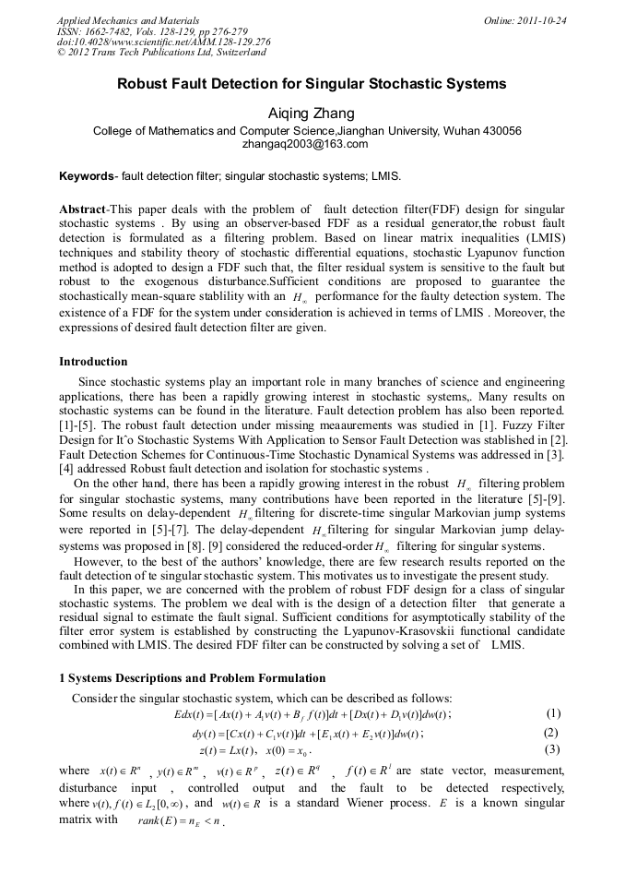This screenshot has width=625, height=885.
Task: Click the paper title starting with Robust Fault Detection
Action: coord(312,84)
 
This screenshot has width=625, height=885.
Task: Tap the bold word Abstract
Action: coord(82,209)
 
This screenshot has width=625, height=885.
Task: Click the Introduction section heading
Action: coord(93,361)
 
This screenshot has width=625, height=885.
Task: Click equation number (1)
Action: coord(552,713)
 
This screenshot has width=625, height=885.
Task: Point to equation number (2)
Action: coord(552,733)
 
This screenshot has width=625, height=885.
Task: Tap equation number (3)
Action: coord(552,749)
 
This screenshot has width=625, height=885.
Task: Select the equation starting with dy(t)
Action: coord(307,734)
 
